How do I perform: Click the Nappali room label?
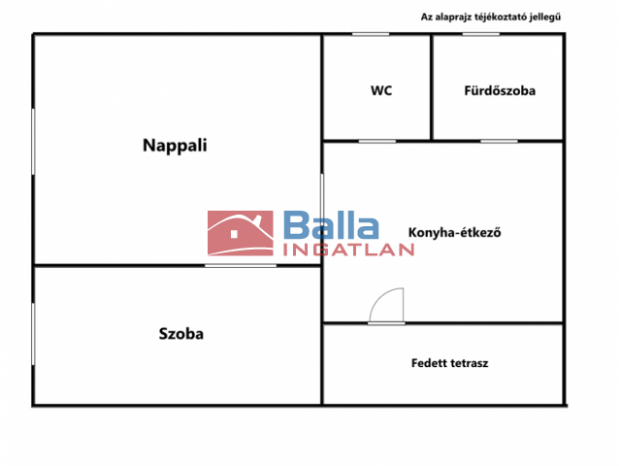(175, 146)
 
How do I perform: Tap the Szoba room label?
(181, 334)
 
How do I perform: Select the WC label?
(381, 90)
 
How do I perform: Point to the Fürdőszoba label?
(500, 90)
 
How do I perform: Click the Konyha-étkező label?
(455, 232)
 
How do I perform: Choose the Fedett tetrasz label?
(449, 363)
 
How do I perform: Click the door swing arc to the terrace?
(386, 305)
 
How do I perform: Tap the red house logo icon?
(241, 233)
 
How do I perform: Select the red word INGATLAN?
(348, 250)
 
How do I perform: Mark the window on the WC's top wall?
(371, 35)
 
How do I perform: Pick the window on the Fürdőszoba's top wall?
(481, 35)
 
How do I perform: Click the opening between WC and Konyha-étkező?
(377, 141)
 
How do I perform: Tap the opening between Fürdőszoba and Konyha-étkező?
(499, 141)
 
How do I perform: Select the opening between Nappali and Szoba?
(241, 265)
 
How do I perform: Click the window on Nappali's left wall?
(33, 142)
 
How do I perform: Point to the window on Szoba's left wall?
(33, 334)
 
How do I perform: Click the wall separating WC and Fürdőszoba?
(431, 87)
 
